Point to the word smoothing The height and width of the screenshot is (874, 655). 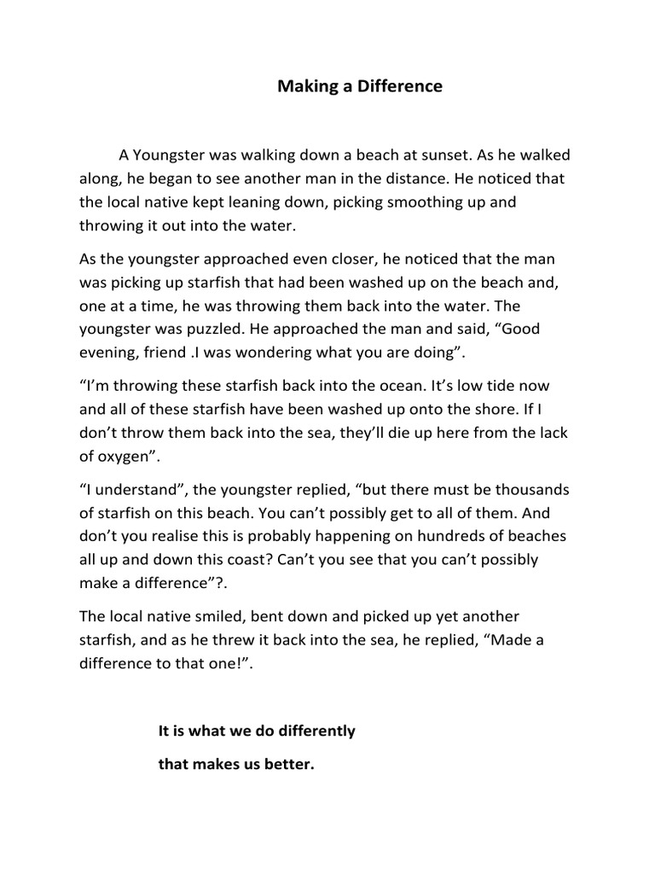[446, 203]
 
